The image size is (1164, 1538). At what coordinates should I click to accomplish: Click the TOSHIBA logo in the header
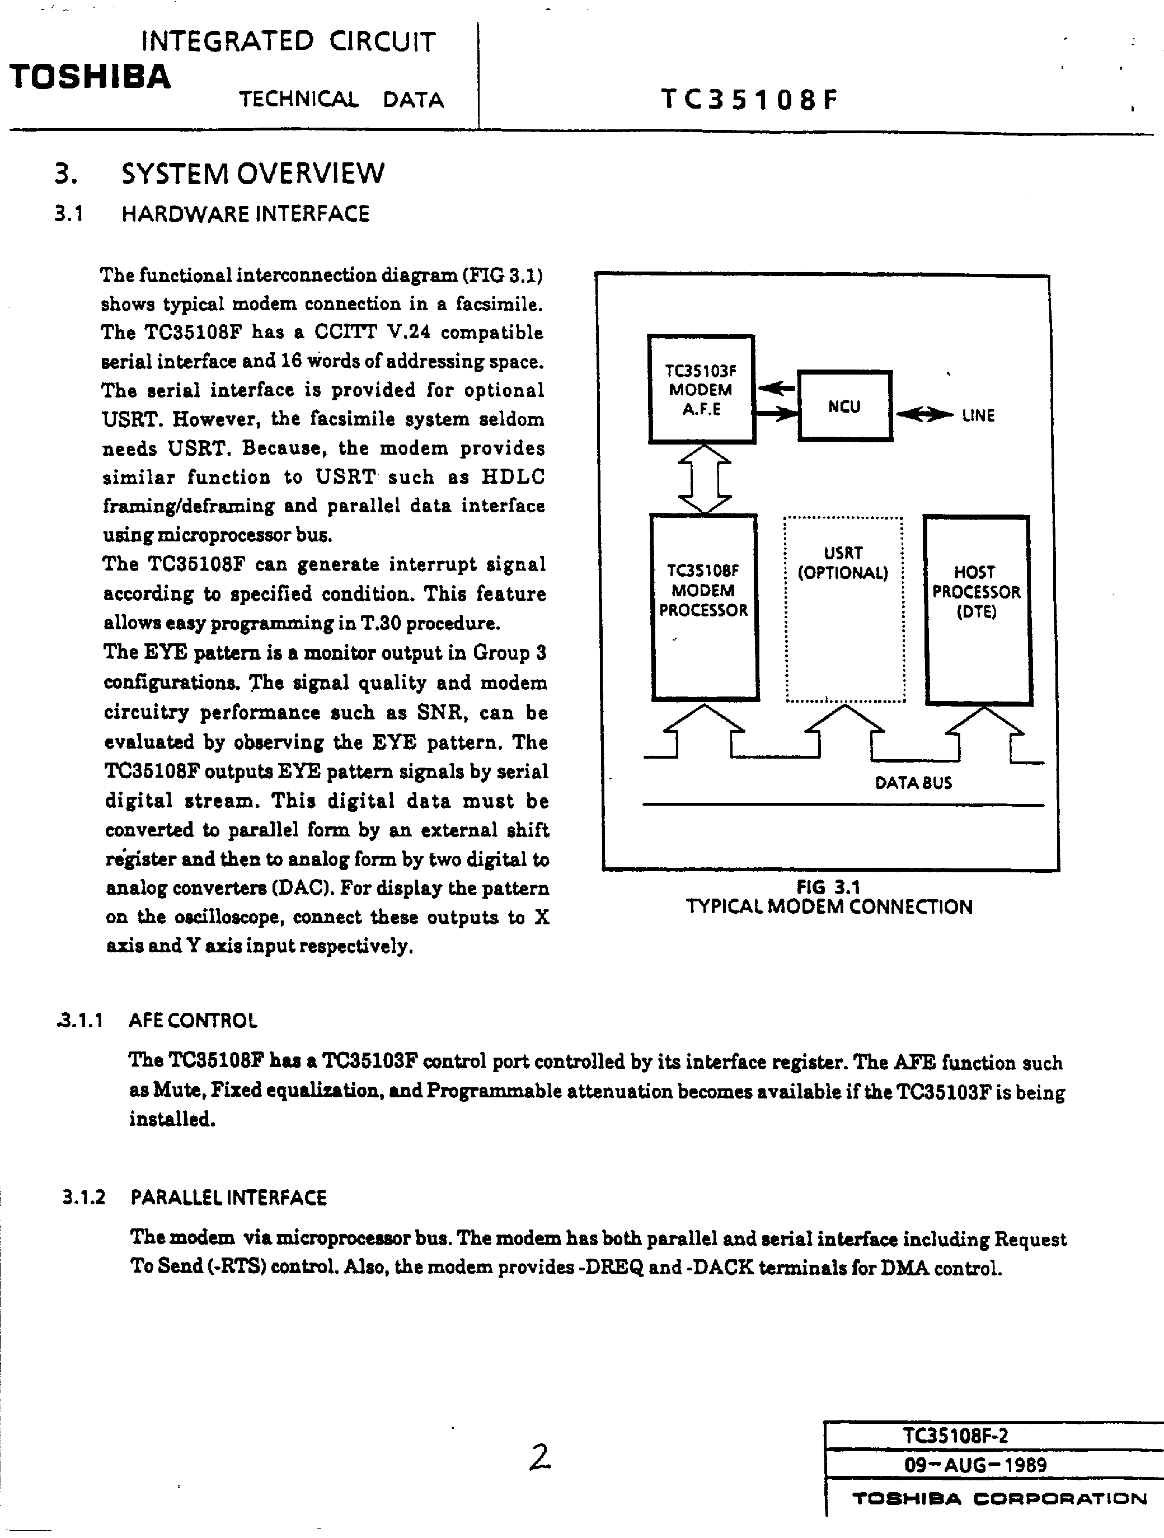coord(90,77)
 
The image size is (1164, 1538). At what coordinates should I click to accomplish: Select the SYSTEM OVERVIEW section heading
coord(252,173)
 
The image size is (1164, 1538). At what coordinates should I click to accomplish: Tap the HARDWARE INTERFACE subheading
coord(245,213)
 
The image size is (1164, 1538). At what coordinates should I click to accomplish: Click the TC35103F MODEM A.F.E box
coord(701,389)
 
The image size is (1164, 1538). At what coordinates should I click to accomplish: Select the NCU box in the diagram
coord(844,406)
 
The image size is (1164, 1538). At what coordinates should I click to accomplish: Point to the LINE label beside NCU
coord(978,416)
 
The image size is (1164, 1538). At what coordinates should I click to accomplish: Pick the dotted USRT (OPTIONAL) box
coord(844,609)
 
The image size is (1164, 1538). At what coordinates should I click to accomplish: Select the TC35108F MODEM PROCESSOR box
coord(703,606)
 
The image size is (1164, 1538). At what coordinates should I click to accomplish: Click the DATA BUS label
coord(913,783)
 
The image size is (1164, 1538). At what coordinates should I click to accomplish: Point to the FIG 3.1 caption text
coord(828,887)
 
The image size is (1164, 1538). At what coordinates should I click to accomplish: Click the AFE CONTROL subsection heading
coord(193,1021)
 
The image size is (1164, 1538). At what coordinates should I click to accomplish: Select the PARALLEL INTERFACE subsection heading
coord(228,1197)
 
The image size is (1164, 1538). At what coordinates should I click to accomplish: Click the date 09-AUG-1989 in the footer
coord(975,1465)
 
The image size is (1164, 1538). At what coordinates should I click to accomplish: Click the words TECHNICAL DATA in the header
coord(341,100)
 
